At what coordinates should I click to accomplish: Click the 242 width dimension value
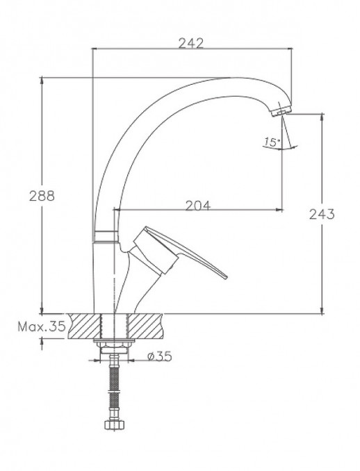tap(190, 42)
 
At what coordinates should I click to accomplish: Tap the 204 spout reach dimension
tap(198, 204)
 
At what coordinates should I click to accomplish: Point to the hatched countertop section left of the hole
tap(83, 325)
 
